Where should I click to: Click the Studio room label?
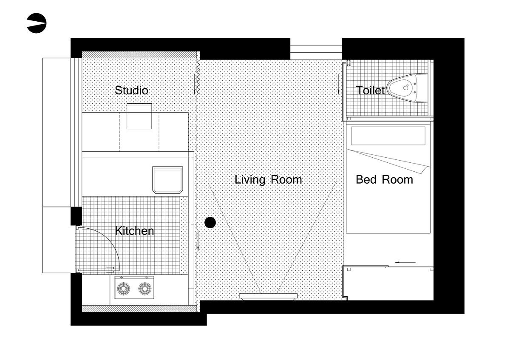pos(131,91)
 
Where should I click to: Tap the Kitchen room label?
pos(134,231)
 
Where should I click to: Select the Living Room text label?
pos(268,180)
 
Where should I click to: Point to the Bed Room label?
pos(384,180)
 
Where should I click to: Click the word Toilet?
pos(370,91)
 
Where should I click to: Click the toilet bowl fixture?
pos(407,88)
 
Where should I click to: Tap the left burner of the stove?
pos(124,289)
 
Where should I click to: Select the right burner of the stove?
pos(145,289)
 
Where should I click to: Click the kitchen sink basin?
pos(167,180)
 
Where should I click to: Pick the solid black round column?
pos(210,222)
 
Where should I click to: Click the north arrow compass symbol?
pos(37,23)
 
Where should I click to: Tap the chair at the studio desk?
pos(139,116)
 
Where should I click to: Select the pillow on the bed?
pos(388,136)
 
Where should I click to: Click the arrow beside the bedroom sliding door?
pos(405,262)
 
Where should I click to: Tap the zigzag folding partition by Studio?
pos(198,77)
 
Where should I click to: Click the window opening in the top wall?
pos(316,49)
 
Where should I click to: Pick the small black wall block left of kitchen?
pos(76,216)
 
